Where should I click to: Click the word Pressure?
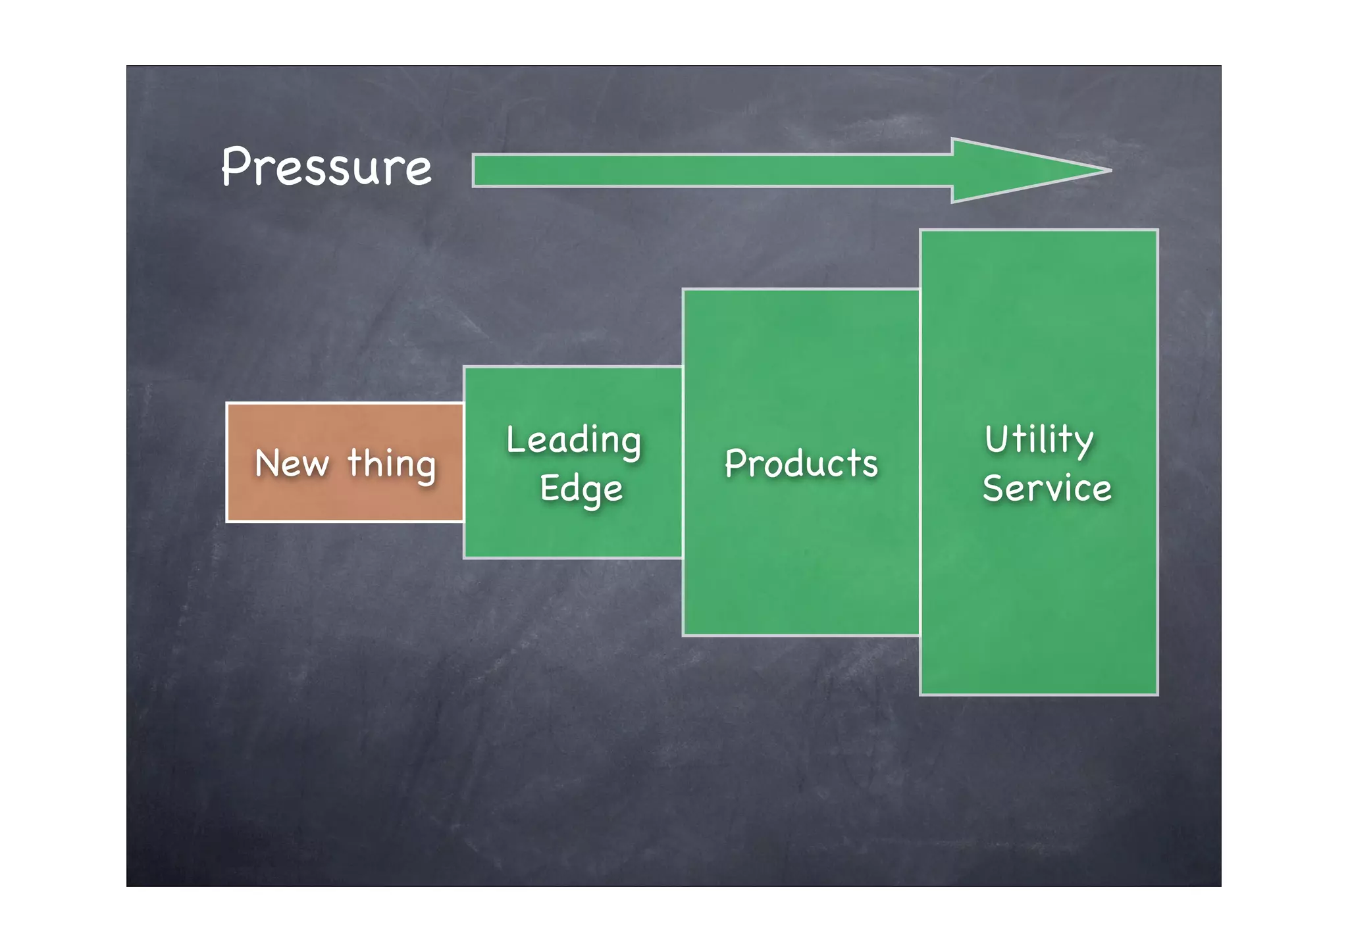coord(326,167)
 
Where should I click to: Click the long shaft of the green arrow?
coord(711,170)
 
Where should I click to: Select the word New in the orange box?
coord(292,463)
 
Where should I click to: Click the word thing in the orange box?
coord(392,464)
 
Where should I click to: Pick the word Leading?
coord(573,441)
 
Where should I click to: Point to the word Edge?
coord(581,489)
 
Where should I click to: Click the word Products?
coord(801,463)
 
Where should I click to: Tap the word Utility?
coord(1039,439)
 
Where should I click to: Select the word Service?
coord(1047,488)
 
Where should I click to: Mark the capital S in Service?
coord(994,488)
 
